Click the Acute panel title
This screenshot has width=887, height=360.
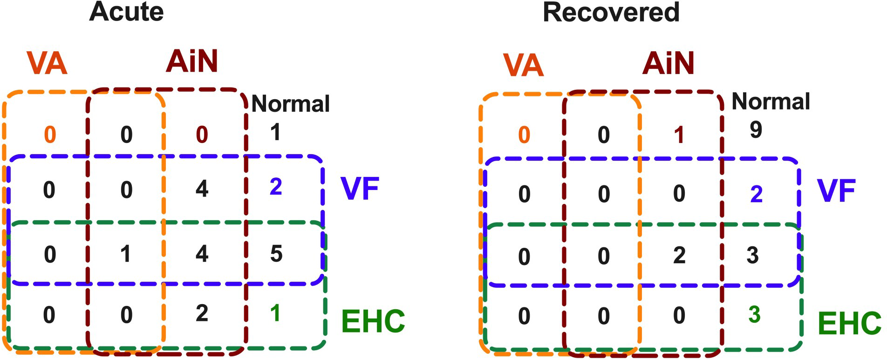point(126,12)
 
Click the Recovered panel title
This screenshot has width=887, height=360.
point(611,13)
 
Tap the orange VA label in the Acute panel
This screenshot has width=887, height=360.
point(47,63)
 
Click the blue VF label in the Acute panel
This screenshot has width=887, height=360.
point(360,189)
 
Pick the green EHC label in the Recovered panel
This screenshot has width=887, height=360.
point(849,323)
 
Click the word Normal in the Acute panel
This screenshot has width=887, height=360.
point(290,104)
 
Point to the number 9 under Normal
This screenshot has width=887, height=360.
point(756,129)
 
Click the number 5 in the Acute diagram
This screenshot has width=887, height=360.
point(276,254)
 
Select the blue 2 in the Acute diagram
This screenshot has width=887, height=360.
point(276,187)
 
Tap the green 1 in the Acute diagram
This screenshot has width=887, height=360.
point(275,313)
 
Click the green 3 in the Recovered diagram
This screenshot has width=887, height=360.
point(754,315)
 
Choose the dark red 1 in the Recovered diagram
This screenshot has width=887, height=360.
point(679,135)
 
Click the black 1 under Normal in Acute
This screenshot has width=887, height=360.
point(275,132)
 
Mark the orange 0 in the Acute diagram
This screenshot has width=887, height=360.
point(50,135)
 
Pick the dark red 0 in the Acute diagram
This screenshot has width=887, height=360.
point(202,135)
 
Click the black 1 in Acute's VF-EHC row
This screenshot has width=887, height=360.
point(125,254)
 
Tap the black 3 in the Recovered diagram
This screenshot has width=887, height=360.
point(753,255)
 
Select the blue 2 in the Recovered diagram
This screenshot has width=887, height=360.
point(756,194)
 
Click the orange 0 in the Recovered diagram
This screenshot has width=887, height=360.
point(524,135)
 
